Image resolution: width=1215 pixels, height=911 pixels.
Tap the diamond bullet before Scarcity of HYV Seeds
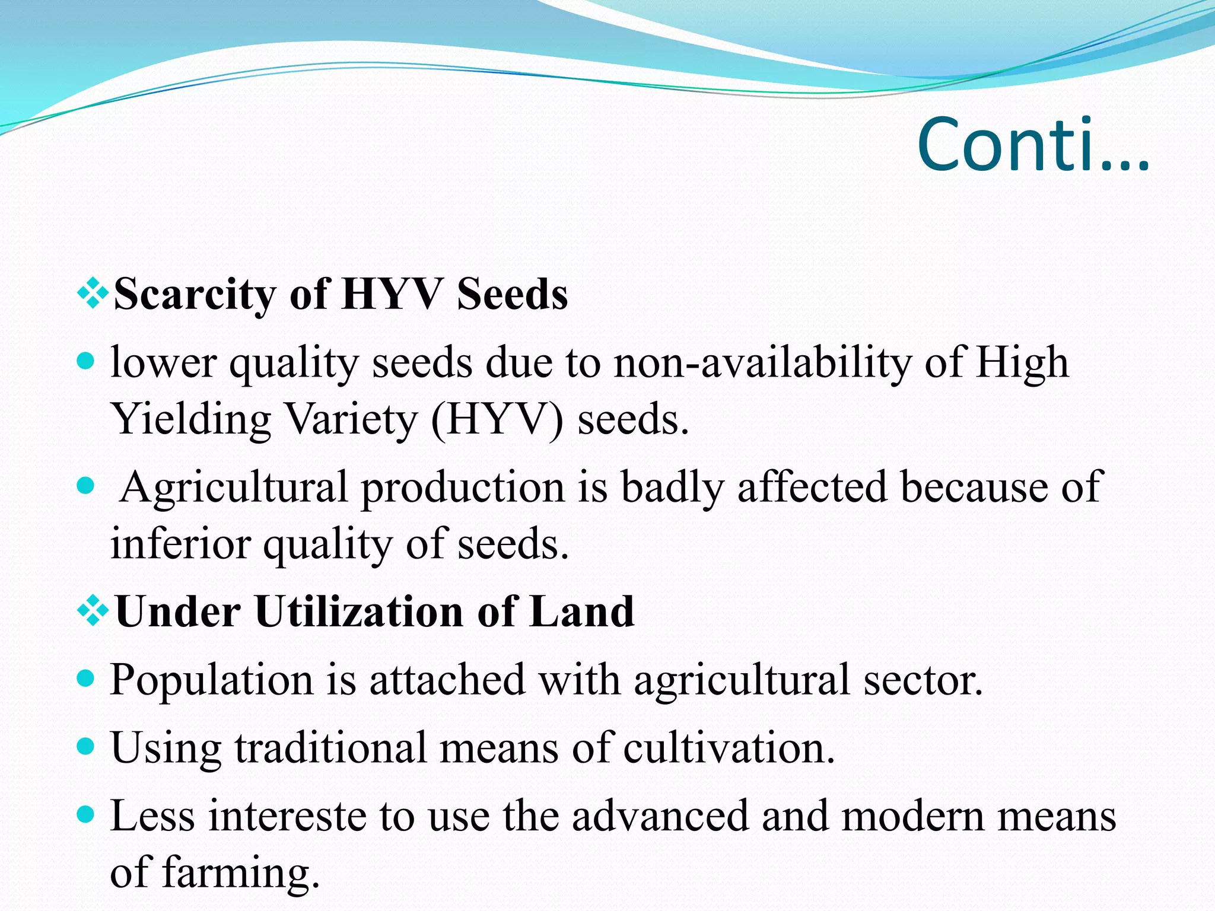click(93, 294)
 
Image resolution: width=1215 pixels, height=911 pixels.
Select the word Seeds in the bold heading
click(512, 295)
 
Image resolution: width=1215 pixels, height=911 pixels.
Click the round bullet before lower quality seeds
click(87, 361)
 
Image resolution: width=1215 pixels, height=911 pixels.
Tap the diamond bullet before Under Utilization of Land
click(93, 611)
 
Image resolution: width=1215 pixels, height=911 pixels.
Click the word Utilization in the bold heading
click(359, 612)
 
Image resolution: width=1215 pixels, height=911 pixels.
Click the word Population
click(211, 680)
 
